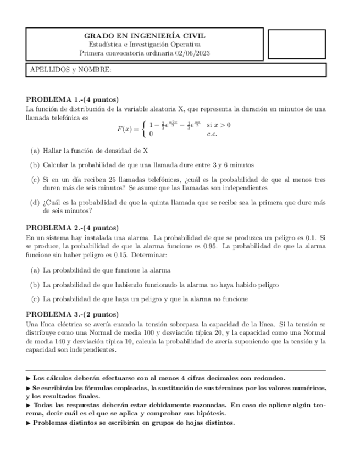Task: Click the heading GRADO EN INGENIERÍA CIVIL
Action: tap(145, 35)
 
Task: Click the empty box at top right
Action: tap(296, 43)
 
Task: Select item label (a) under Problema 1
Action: tap(35, 150)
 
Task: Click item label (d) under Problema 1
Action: tap(35, 202)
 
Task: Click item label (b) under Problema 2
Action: tap(35, 285)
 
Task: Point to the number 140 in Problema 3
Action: tap(56, 342)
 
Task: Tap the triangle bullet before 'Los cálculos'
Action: tap(29, 378)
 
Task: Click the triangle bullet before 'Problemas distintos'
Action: tap(29, 423)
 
